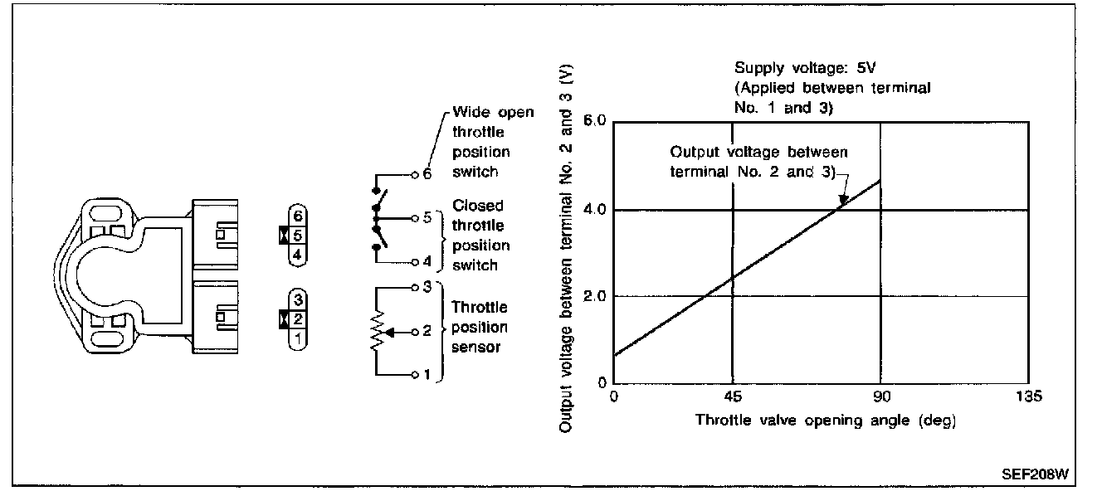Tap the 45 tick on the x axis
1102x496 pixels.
point(732,397)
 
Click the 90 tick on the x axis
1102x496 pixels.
point(880,397)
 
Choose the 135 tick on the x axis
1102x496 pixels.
point(1028,397)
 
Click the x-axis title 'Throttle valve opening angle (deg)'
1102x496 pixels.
point(826,421)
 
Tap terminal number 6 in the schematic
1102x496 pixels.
point(427,175)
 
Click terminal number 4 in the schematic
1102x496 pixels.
point(427,262)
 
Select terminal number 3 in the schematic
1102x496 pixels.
point(427,288)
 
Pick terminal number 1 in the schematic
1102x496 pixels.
point(427,375)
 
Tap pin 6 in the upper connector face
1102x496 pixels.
point(299,216)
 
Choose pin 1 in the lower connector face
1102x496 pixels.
point(299,338)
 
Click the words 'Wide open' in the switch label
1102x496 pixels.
point(494,113)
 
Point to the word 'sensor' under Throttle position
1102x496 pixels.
point(476,348)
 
